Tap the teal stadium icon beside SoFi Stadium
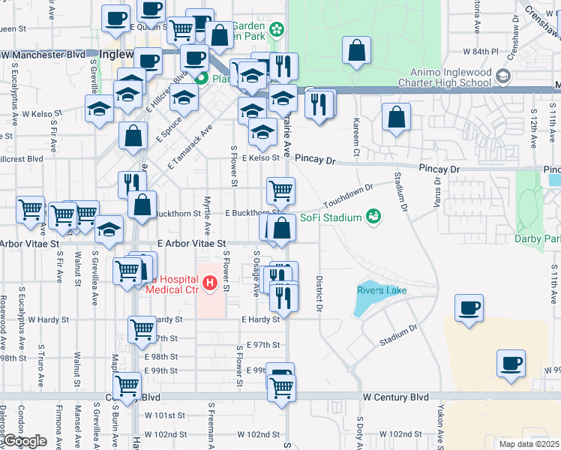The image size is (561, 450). tap(373, 217)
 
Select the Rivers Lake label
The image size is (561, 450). tap(382, 290)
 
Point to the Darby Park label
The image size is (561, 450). tap(537, 239)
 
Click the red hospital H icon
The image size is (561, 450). tap(211, 283)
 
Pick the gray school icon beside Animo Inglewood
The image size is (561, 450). tap(503, 76)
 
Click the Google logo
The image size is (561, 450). tap(25, 441)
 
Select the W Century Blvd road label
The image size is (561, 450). tap(395, 396)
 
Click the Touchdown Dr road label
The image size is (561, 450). tap(348, 196)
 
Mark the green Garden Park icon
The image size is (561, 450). tap(277, 29)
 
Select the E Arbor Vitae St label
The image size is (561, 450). tap(192, 244)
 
